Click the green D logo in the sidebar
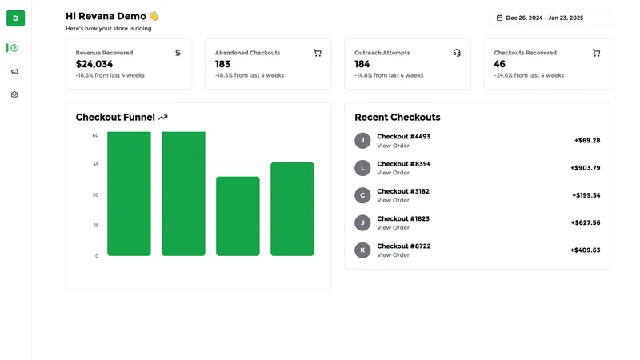(x=15, y=18)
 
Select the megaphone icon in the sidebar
(x=14, y=71)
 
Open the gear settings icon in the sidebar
(x=14, y=94)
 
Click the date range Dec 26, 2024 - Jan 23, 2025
(x=545, y=18)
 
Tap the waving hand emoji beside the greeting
(x=154, y=16)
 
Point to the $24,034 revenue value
(x=94, y=64)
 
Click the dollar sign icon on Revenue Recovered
(x=178, y=53)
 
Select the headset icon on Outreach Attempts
(x=457, y=53)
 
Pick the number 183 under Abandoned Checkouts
(x=222, y=64)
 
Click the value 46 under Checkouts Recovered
(x=499, y=64)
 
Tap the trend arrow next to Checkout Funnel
(x=163, y=118)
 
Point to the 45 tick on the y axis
(x=95, y=165)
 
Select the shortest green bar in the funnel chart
(x=238, y=216)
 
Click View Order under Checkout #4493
(x=393, y=146)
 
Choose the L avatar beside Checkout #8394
(x=362, y=168)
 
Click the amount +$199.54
(x=586, y=195)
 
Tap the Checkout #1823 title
(x=403, y=218)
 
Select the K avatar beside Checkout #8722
(x=362, y=250)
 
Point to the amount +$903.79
(x=586, y=168)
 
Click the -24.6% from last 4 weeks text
(x=529, y=75)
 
